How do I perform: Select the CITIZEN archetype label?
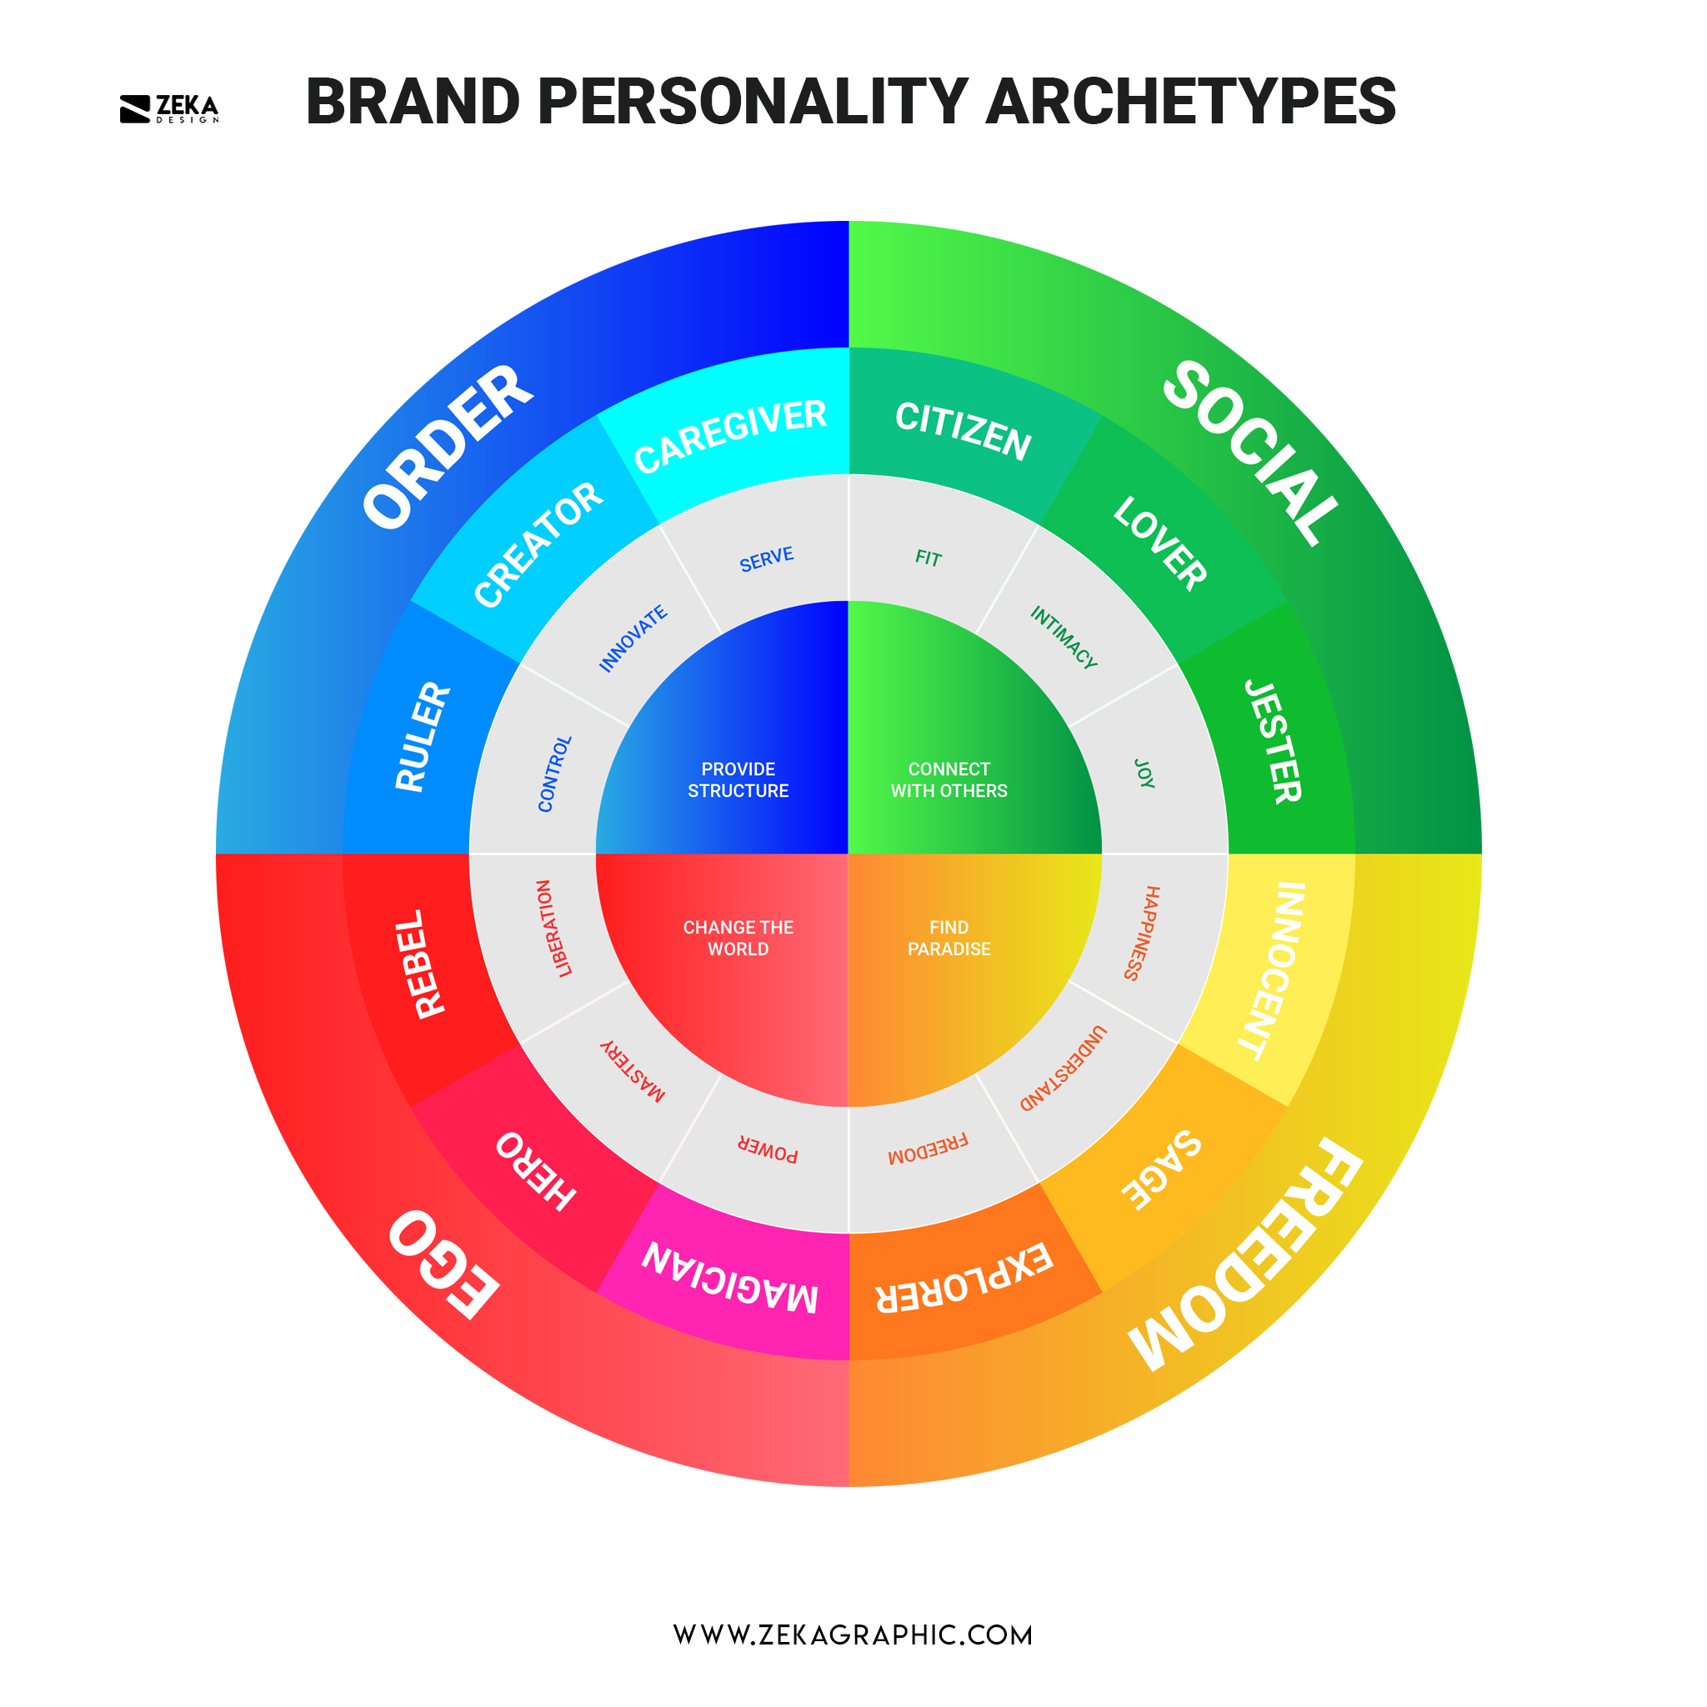963,430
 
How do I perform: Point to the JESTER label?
1274,741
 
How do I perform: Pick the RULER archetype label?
423,737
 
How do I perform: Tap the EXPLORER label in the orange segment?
964,1279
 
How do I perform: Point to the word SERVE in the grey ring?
766,559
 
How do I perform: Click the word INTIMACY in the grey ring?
1064,637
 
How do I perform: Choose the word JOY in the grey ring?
1144,773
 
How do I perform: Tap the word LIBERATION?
554,928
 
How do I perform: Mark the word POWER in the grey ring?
767,1149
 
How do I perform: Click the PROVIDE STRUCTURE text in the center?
738,779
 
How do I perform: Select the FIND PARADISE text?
949,938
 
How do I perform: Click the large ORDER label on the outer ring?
448,446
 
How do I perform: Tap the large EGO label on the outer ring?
443,1264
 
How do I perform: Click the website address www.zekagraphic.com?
853,1634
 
